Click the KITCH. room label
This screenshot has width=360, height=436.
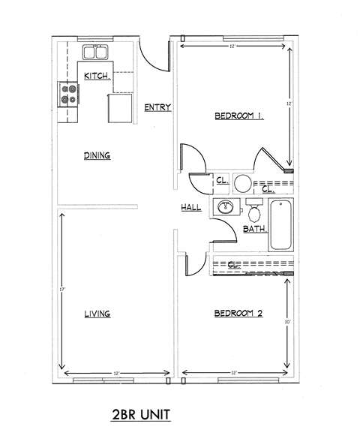pyautogui.click(x=97, y=76)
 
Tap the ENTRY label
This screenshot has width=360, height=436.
pyautogui.click(x=158, y=107)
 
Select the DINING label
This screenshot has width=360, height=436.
pyautogui.click(x=97, y=156)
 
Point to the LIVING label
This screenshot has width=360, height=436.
pyautogui.click(x=97, y=314)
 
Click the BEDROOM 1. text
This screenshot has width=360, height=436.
pyautogui.click(x=239, y=116)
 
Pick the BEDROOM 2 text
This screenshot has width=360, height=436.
pyautogui.click(x=238, y=314)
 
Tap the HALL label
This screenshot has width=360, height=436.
pyautogui.click(x=190, y=207)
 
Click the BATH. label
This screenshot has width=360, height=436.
pyautogui.click(x=255, y=228)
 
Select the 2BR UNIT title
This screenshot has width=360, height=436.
pyautogui.click(x=142, y=414)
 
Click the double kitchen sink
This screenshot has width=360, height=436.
pyautogui.click(x=95, y=53)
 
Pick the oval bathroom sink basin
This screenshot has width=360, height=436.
pyautogui.click(x=224, y=207)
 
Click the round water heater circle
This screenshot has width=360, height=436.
pyautogui.click(x=243, y=182)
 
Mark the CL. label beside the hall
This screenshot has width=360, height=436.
pyautogui.click(x=222, y=181)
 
